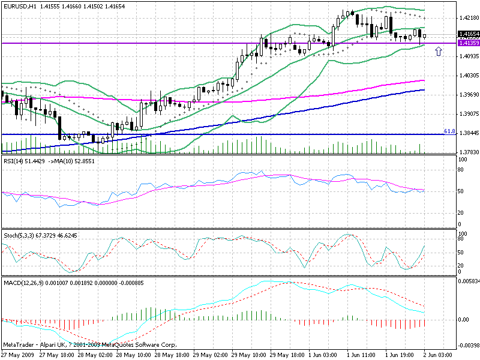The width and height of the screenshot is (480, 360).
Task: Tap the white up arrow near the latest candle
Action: pyautogui.click(x=439, y=52)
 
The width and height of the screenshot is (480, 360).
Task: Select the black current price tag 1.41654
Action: pyautogui.click(x=467, y=34)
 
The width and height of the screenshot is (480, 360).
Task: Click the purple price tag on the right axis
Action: pyautogui.click(x=467, y=43)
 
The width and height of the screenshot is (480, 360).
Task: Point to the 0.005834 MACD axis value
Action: pyautogui.click(x=467, y=281)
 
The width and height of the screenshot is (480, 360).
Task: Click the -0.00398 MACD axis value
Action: pyautogui.click(x=467, y=346)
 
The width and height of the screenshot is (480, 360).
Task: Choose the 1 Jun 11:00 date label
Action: pyautogui.click(x=360, y=355)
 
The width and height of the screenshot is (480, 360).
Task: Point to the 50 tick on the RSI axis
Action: pyautogui.click(x=461, y=191)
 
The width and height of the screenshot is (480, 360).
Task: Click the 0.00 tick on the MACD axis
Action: pyautogui.click(x=463, y=319)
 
